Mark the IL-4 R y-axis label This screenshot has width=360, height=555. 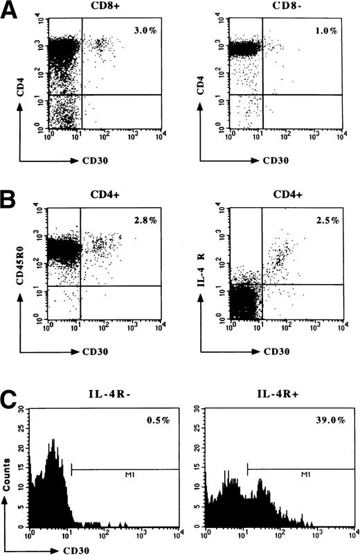click(192, 259)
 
